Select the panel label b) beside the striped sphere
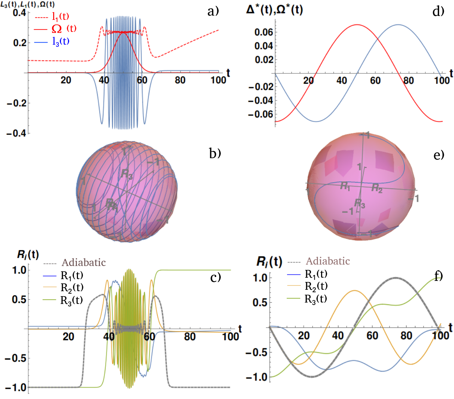tap(215, 153)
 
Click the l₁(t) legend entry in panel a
tap(60, 16)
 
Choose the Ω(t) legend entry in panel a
tap(64, 29)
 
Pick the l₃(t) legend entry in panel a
tap(61, 41)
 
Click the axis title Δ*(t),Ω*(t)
tap(274, 10)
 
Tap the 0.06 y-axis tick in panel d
tap(264, 32)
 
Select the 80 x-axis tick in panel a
tap(180, 80)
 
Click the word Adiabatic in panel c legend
tap(84, 262)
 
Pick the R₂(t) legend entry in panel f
tap(316, 286)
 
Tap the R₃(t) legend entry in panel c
tap(72, 300)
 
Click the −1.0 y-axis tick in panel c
tap(15, 387)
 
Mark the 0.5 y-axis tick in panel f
tap(260, 303)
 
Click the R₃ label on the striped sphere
tap(127, 174)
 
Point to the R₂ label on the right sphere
tap(377, 188)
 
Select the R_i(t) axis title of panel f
tap(269, 262)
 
